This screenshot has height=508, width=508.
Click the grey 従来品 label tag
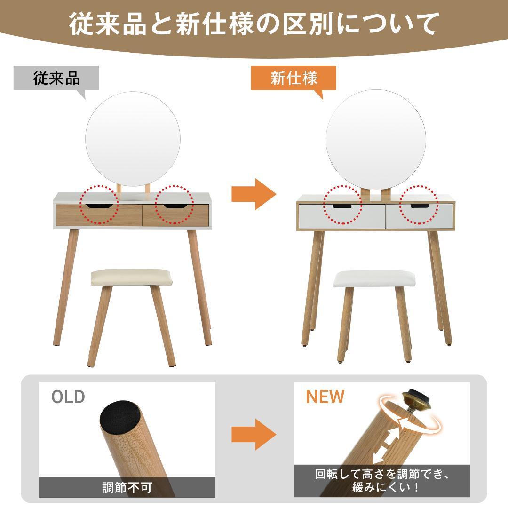56,78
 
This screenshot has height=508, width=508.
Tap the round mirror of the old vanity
133,138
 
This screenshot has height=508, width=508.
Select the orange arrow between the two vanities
253,194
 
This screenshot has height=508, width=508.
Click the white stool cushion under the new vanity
371,279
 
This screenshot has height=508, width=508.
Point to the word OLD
68,397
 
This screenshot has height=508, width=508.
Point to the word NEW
325,397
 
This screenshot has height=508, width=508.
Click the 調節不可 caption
127,487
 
